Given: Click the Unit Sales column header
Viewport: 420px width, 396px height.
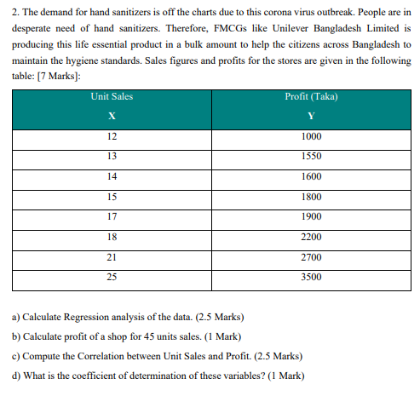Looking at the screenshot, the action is pyautogui.click(x=111, y=97).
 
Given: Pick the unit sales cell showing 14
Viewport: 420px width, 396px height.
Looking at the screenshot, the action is pyautogui.click(x=111, y=176).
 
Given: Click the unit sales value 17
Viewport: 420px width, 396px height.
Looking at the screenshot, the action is pyautogui.click(x=111, y=216).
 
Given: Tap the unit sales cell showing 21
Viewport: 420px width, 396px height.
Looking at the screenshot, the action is pyautogui.click(x=111, y=256).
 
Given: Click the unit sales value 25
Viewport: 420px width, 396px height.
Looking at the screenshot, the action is pyautogui.click(x=111, y=277).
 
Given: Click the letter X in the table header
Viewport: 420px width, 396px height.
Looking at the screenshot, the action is pyautogui.click(x=111, y=117).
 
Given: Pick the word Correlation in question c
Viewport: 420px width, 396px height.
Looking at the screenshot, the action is pyautogui.click(x=106, y=356).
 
